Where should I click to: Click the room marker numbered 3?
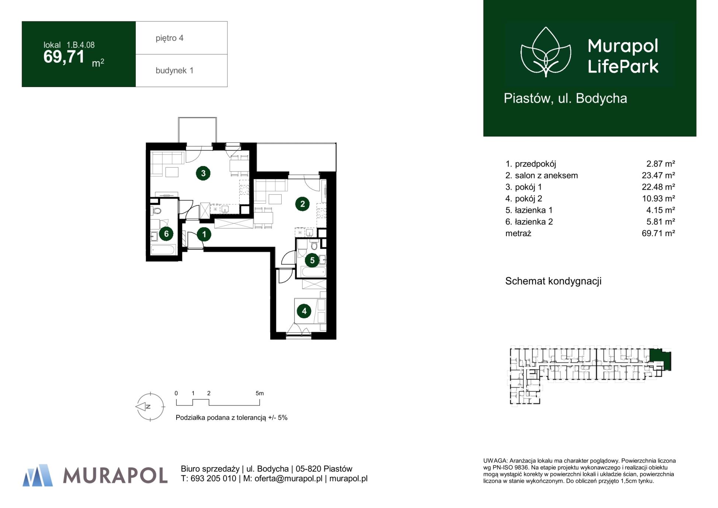pyautogui.click(x=203, y=173)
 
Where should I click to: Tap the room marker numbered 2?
pyautogui.click(x=302, y=204)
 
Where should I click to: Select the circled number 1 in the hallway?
pyautogui.click(x=204, y=234)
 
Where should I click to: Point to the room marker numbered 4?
pyautogui.click(x=304, y=311)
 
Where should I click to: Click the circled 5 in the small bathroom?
pyautogui.click(x=312, y=260)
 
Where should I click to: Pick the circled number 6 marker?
pyautogui.click(x=166, y=234)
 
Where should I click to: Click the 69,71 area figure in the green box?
pyautogui.click(x=64, y=57)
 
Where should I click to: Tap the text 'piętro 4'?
pyautogui.click(x=170, y=38)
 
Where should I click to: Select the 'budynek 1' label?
pyautogui.click(x=174, y=70)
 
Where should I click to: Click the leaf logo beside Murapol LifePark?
pyautogui.click(x=546, y=52)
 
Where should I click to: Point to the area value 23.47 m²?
pyautogui.click(x=658, y=175)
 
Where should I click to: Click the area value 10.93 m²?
pyautogui.click(x=658, y=198)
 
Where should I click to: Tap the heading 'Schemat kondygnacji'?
pyautogui.click(x=553, y=281)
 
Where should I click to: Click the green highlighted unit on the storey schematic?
pyautogui.click(x=660, y=359)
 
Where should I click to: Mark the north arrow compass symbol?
pyautogui.click(x=150, y=407)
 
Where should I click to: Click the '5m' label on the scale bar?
pyautogui.click(x=259, y=393)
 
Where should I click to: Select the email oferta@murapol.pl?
pyautogui.click(x=288, y=478)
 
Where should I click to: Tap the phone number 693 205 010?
pyautogui.click(x=213, y=478)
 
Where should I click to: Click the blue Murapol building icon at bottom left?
pyautogui.click(x=38, y=475)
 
